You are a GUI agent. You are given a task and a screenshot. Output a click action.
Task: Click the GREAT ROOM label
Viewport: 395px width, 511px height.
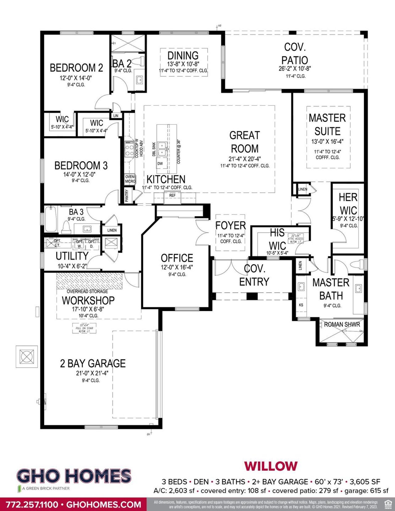pyautogui.click(x=244, y=142)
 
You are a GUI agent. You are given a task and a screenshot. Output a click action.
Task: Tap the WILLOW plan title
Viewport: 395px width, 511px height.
pyautogui.click(x=271, y=466)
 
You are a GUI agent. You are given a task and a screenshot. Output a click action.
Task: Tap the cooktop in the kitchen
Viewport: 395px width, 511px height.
pyautogui.click(x=129, y=150)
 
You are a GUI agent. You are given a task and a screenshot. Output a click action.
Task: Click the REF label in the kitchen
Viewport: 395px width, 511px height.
pyautogui.click(x=172, y=196)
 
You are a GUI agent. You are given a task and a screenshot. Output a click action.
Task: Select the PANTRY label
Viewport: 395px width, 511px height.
pyautogui.click(x=127, y=196)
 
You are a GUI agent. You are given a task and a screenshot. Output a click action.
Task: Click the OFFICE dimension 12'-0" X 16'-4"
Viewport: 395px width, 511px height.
pyautogui.click(x=177, y=267)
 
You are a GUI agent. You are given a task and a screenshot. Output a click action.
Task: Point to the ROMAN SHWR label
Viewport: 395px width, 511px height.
pyautogui.click(x=342, y=325)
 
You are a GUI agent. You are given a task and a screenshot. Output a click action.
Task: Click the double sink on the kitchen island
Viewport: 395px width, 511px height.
pyautogui.click(x=162, y=149)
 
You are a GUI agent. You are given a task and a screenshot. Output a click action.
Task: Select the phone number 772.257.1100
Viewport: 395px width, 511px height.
pyautogui.click(x=32, y=505)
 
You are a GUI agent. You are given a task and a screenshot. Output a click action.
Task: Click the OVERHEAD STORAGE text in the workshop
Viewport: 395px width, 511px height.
pyautogui.click(x=87, y=291)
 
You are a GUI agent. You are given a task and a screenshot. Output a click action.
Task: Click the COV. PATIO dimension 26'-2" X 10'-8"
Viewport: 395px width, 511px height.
pyautogui.click(x=295, y=69)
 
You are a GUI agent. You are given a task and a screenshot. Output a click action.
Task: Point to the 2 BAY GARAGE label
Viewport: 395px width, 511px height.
pyautogui.click(x=93, y=364)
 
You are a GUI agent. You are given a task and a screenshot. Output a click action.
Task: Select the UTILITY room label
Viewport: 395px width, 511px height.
pyautogui.click(x=72, y=256)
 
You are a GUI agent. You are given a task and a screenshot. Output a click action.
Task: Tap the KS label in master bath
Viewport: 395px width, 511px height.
pyautogui.click(x=301, y=305)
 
